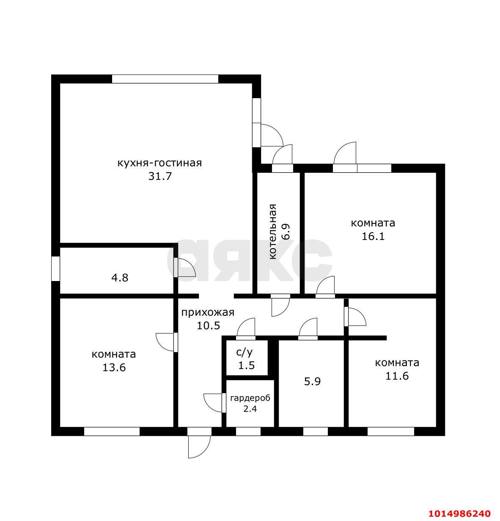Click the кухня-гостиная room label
pos(159,163)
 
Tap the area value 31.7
pos(160,176)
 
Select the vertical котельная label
pos(272,232)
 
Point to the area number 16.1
pos(373,236)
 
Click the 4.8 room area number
pos(120,278)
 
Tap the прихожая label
pos(208,312)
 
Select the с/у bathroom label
pos(244,353)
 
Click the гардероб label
pos(250,398)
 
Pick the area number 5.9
pos(312,381)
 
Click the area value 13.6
pos(114,367)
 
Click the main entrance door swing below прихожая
pos(199,447)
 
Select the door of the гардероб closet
pos(215,402)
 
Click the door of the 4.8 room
pos(184,267)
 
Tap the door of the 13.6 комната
pos(167,342)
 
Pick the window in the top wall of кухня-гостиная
pos(165,79)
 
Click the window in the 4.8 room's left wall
pos(56,269)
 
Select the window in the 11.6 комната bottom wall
pos(390,431)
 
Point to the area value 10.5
pos(209,325)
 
